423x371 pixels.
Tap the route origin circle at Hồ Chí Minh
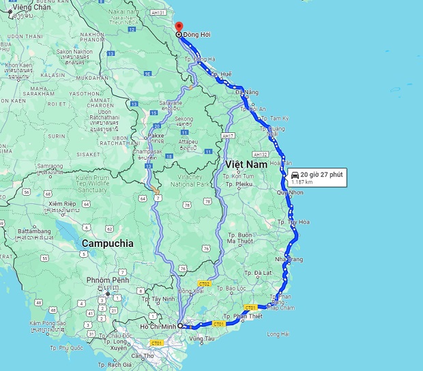pos(180,326)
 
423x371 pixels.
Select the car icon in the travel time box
pos(295,175)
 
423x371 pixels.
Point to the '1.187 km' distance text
pos(302,183)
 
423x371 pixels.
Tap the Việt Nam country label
pos(244,164)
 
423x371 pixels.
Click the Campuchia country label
pos(107,243)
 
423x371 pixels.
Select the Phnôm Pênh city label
pos(108,280)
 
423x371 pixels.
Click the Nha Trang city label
pos(289,260)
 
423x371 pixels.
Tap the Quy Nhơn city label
pos(291,193)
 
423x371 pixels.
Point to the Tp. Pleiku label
pos(239,184)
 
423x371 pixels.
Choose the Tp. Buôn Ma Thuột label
pos(240,238)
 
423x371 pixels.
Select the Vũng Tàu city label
pos(203,338)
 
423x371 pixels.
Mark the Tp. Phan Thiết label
pos(244,316)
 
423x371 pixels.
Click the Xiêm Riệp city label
pos(63,204)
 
